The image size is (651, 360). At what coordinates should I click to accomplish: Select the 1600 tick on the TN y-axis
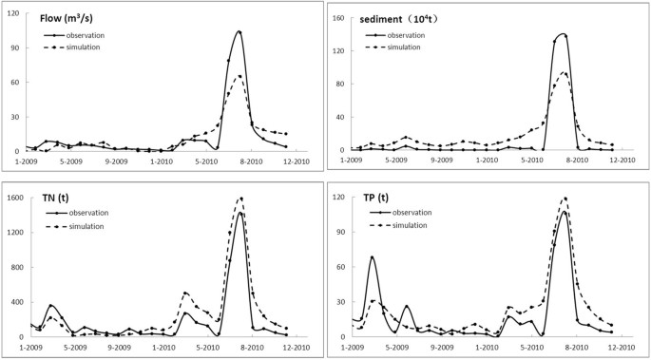pyautogui.click(x=16, y=199)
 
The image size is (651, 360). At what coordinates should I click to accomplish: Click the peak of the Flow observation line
pyautogui.click(x=239, y=31)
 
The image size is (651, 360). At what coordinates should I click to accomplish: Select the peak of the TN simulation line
pyautogui.click(x=241, y=199)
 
